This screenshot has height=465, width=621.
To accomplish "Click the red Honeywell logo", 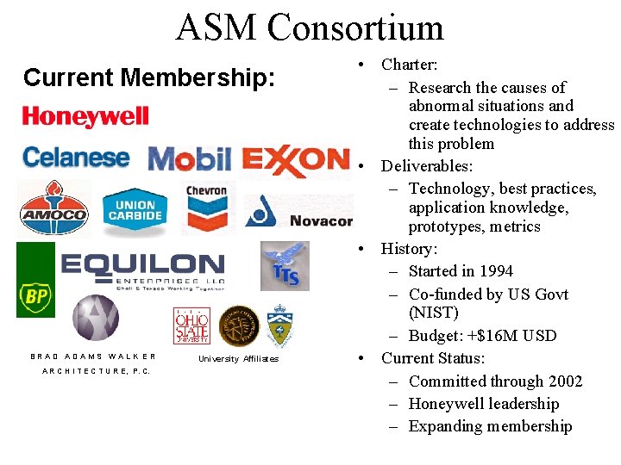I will [85, 117].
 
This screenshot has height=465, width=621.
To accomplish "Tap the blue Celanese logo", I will [76, 158].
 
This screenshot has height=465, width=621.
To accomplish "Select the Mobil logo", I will [190, 158].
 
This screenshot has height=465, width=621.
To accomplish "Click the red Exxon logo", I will [295, 159].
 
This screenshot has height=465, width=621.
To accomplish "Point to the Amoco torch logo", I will [53, 208].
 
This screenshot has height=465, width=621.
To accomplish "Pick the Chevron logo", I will [206, 208].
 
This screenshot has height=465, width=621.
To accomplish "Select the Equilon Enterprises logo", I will [142, 268].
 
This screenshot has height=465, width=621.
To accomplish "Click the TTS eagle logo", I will [285, 265].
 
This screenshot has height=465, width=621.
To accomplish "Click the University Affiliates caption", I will [238, 359].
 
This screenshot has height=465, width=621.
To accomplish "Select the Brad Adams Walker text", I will [93, 356].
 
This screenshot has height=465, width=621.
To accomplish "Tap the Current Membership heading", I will [149, 77].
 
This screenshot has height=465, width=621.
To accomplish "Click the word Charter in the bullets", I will [408, 65].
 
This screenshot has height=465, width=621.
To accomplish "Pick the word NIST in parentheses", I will [434, 313].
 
